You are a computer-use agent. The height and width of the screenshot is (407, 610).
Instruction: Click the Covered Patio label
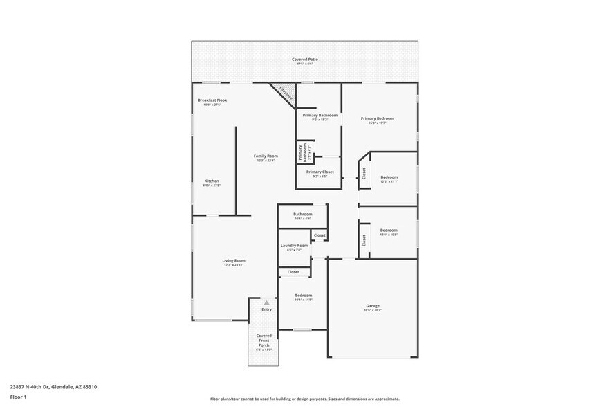click(x=304, y=60)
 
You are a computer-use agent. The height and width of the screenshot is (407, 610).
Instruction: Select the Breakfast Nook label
click(x=212, y=101)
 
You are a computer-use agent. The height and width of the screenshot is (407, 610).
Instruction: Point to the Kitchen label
click(x=211, y=182)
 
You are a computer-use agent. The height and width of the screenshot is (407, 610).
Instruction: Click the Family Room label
click(x=266, y=157)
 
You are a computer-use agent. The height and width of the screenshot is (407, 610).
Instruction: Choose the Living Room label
click(x=234, y=262)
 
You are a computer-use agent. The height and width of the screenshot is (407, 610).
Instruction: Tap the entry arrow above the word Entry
click(x=266, y=302)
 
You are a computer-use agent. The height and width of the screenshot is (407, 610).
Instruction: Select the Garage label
click(x=372, y=307)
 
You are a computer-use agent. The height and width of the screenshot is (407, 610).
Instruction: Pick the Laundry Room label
click(x=294, y=246)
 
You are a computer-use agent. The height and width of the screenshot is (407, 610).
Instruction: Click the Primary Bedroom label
click(x=377, y=119)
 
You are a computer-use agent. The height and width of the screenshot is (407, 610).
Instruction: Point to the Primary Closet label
click(x=320, y=172)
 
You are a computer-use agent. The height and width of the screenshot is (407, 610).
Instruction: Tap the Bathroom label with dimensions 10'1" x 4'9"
click(x=302, y=215)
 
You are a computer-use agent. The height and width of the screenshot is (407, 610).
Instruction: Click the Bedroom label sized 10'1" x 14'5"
click(x=303, y=296)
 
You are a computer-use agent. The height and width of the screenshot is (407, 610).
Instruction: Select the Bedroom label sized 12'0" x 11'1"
click(x=389, y=178)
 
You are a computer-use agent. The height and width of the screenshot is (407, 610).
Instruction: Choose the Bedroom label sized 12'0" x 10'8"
click(x=388, y=231)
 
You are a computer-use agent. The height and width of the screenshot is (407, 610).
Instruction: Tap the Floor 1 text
click(x=18, y=397)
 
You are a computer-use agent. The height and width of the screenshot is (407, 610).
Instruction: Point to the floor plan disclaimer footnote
click(x=304, y=399)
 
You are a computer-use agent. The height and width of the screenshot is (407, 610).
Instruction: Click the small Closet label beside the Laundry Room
click(x=319, y=235)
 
